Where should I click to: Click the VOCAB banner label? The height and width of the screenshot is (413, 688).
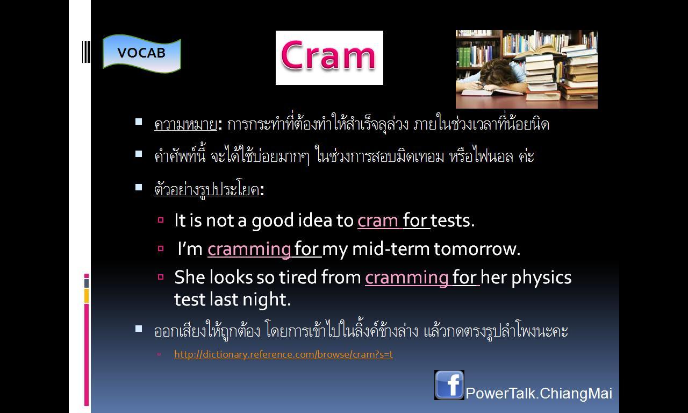tap(141, 53)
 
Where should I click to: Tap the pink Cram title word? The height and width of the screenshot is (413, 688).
tap(328, 56)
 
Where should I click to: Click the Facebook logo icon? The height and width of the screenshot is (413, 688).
tap(449, 385)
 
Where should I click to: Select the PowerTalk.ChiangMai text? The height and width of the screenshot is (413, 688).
tap(539, 394)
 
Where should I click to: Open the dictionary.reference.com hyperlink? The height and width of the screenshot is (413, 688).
tap(283, 354)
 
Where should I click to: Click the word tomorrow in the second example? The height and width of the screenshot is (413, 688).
tap(477, 249)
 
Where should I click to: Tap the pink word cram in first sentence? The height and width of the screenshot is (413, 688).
tap(378, 221)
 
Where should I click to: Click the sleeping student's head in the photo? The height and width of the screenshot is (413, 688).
tap(498, 72)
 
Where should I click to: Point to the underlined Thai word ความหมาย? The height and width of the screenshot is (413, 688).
tap(186, 125)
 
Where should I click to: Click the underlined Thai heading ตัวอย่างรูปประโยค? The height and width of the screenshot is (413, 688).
tap(207, 189)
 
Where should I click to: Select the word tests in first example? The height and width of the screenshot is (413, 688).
tap(453, 221)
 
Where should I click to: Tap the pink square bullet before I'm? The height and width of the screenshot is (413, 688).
tap(161, 248)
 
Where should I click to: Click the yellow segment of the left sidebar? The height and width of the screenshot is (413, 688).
tap(87, 296)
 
